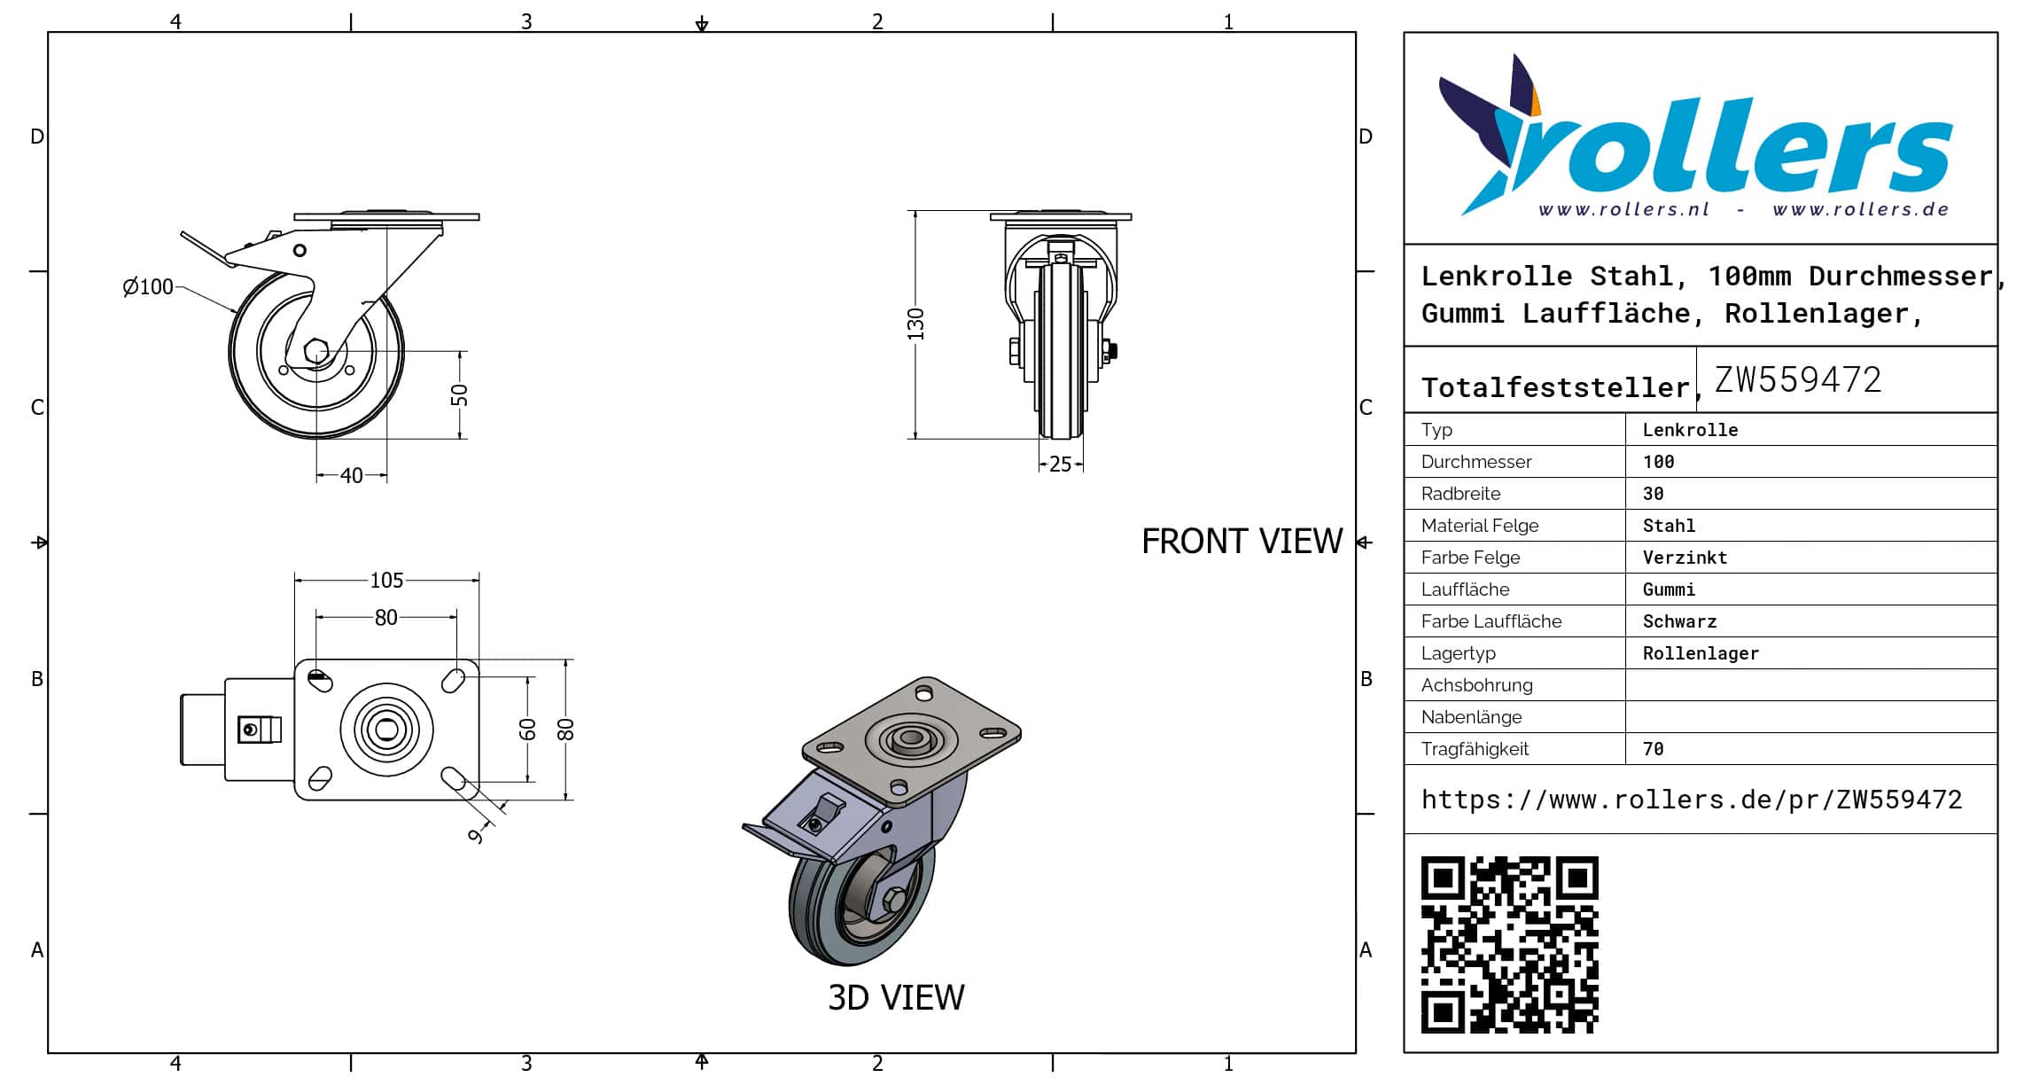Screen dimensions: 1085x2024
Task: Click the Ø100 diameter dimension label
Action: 148,286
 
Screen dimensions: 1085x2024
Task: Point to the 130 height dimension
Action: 916,324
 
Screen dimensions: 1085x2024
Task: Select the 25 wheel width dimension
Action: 1060,464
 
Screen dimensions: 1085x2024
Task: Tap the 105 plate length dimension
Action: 386,580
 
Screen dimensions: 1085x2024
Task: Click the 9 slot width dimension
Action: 477,835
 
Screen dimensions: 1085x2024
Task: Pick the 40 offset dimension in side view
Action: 351,476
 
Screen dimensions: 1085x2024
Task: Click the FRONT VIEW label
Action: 1242,542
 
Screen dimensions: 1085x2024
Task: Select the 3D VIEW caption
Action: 896,998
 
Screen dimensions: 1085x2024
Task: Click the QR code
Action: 1509,944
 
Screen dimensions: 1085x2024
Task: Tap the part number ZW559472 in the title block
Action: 1797,380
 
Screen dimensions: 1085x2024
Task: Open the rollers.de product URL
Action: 1691,800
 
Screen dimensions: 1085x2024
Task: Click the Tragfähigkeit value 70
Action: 1653,749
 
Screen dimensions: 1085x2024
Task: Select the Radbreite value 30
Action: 1653,494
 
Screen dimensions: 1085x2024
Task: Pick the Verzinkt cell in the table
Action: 1685,558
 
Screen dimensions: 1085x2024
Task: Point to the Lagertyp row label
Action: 1458,653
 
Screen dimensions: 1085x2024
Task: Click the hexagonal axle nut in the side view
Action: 316,351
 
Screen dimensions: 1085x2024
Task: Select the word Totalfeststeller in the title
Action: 1555,387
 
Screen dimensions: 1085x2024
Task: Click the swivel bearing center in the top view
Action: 386,730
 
